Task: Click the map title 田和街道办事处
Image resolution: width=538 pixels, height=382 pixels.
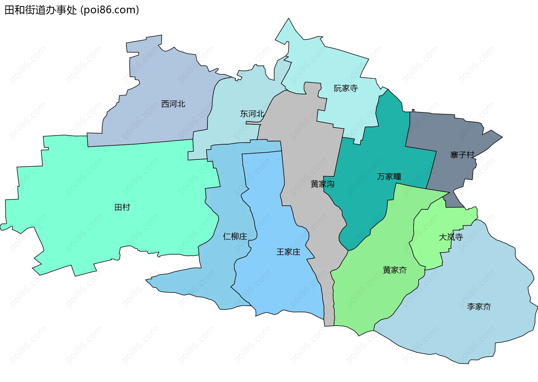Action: tap(41, 10)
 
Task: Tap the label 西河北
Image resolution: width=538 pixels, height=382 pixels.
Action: tap(173, 104)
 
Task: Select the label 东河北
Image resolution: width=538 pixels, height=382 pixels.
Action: tap(252, 114)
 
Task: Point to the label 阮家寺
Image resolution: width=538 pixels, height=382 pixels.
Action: tap(346, 88)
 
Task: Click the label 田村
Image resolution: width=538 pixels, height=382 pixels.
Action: tap(122, 207)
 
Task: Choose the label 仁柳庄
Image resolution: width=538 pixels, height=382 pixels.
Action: tap(235, 237)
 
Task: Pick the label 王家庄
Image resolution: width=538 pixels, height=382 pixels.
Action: tap(288, 252)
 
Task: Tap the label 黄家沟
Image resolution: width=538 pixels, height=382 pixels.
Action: tap(322, 184)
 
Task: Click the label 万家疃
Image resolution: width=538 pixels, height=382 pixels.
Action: tap(389, 177)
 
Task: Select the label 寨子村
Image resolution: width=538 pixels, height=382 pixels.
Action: tap(462, 155)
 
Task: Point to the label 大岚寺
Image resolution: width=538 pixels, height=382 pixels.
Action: tap(451, 237)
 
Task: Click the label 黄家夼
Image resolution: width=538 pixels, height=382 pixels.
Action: tap(395, 270)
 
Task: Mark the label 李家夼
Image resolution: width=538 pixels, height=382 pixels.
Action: tap(479, 307)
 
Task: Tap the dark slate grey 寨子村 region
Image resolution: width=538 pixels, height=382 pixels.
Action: tap(443, 132)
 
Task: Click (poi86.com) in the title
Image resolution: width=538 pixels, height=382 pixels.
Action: tap(110, 10)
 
